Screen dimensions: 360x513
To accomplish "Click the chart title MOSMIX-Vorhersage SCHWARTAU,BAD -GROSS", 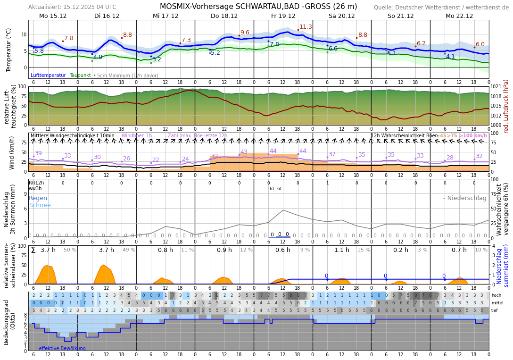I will (x=258, y=7).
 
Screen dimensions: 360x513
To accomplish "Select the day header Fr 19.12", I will (x=283, y=16).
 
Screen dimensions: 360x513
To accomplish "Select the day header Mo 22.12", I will (x=459, y=16).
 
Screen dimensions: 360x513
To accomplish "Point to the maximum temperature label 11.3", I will (x=306, y=27).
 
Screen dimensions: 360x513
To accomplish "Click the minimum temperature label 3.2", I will (x=157, y=59).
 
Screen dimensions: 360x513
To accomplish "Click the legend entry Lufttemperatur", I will (x=48, y=75).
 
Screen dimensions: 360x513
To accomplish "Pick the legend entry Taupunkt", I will (x=80, y=75).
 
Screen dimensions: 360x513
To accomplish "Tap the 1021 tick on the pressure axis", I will (x=496, y=87).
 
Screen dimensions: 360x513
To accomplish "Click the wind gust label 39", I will (x=38, y=153).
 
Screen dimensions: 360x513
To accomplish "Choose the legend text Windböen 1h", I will (x=137, y=136).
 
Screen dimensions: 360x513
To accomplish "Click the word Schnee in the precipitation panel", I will (x=40, y=205).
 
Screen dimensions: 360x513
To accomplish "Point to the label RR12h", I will (x=36, y=183).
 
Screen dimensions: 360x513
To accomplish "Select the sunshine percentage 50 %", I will (x=70, y=250).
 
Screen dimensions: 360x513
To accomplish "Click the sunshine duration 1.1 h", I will (x=342, y=250).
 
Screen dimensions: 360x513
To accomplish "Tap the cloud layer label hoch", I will (x=496, y=295).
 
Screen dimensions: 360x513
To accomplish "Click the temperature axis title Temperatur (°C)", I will (x=8, y=50).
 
